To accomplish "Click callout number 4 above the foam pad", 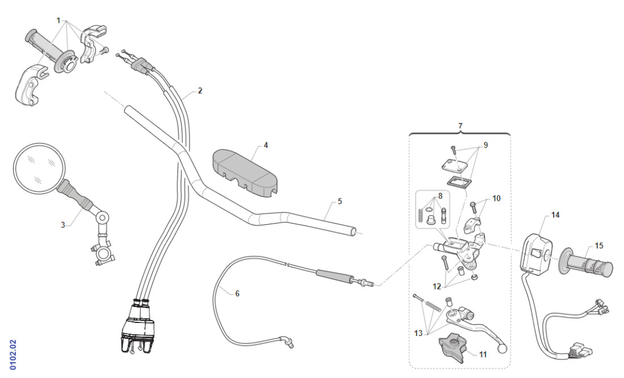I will pos(265,145).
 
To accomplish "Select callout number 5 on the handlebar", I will pos(340,201).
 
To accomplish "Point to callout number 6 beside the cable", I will pos(237,293).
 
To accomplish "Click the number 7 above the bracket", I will pos(460,124).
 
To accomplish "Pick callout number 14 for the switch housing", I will pos(555,215).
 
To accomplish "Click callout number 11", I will pos(483,355).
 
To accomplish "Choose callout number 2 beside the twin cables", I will pos(200,91).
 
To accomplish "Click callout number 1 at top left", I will pos(58,20).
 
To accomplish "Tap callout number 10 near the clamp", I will pos(496,199).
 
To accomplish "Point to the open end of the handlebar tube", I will pos(354,232).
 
